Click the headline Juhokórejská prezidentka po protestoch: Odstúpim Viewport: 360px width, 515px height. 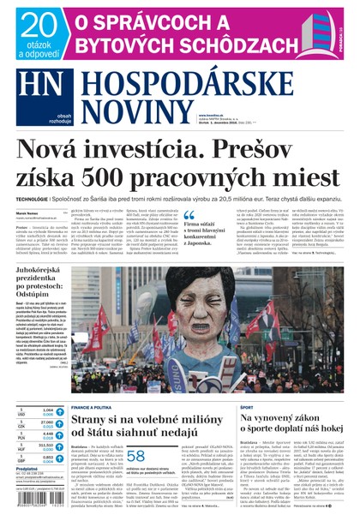(43, 284)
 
